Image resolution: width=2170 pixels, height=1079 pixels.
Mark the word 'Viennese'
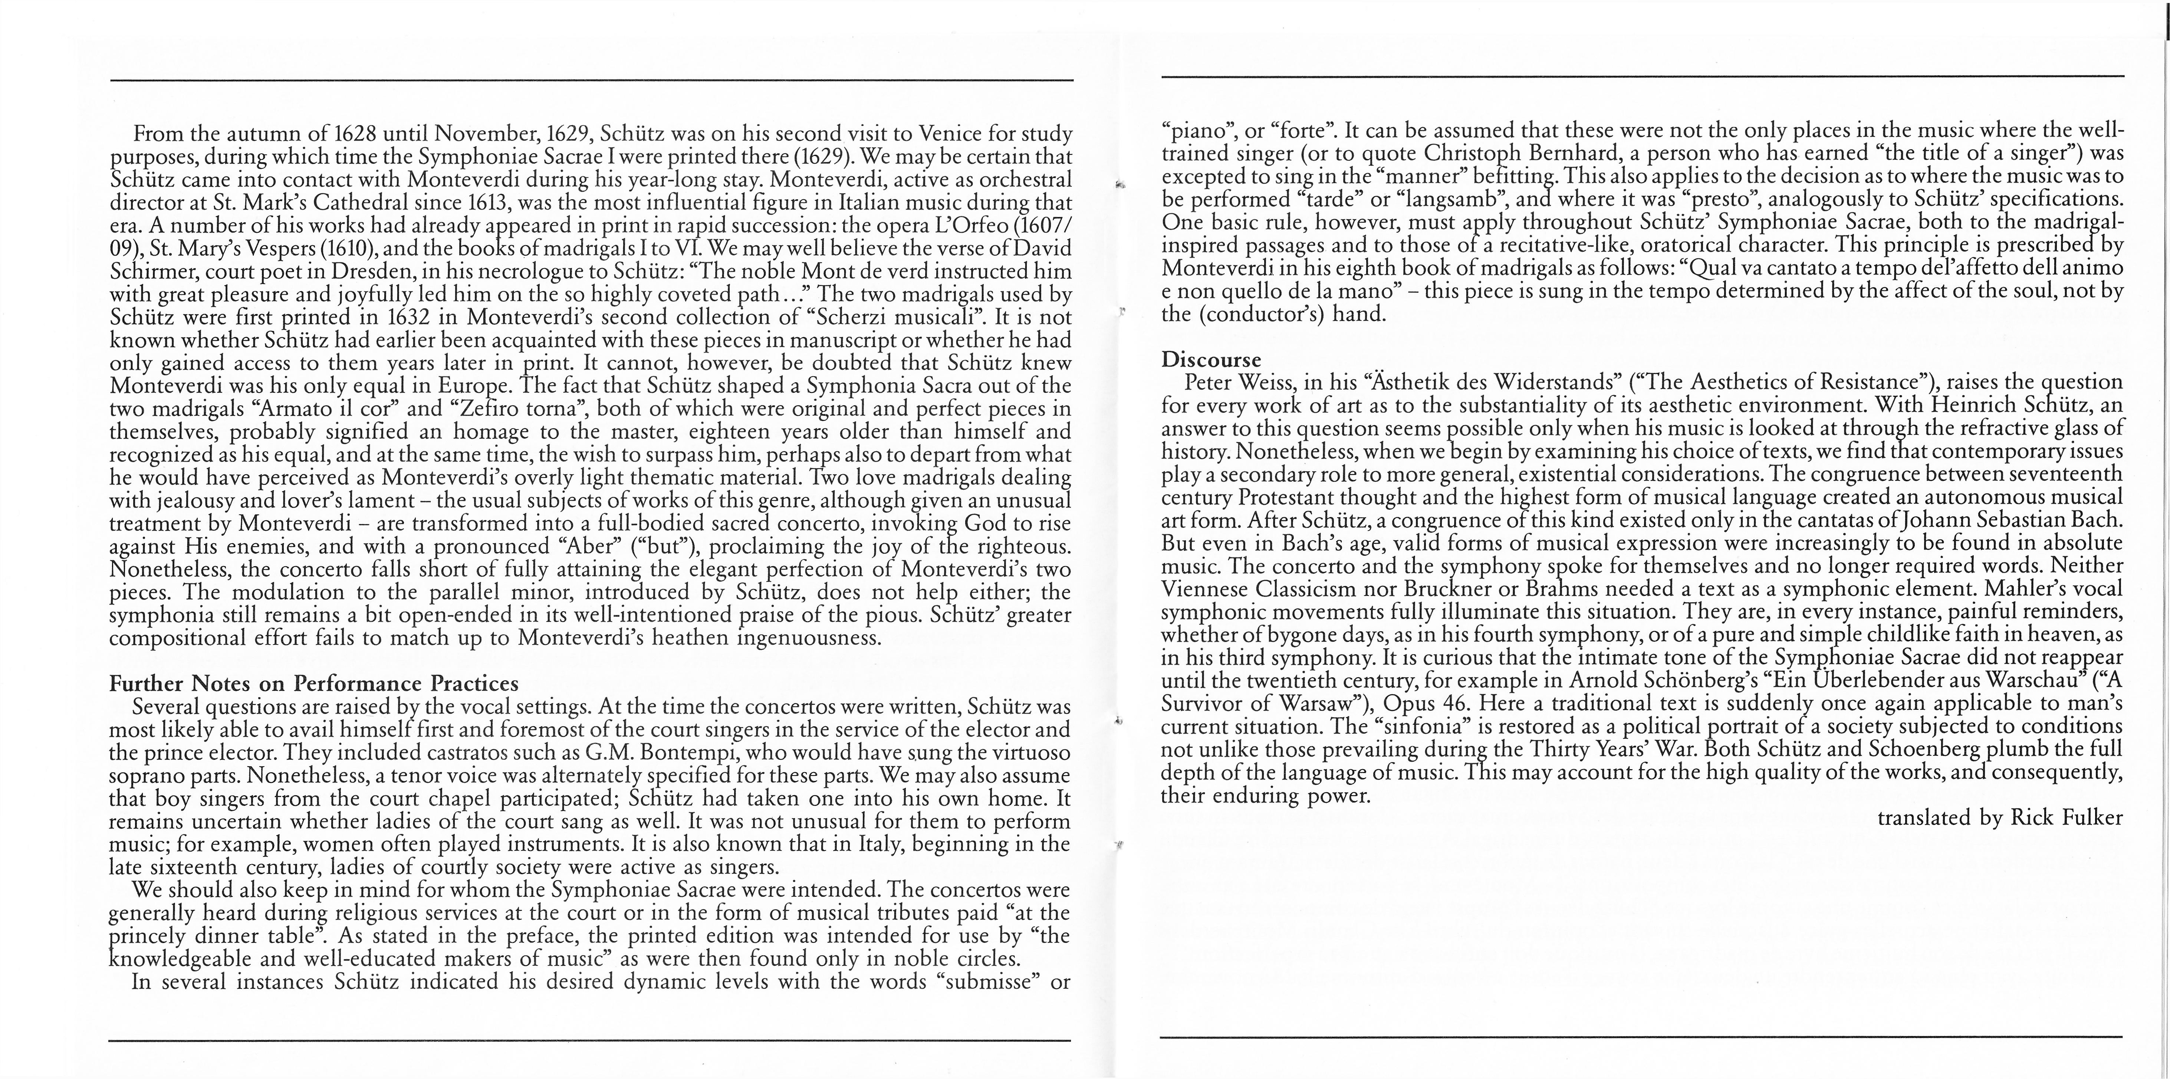pos(1203,589)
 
